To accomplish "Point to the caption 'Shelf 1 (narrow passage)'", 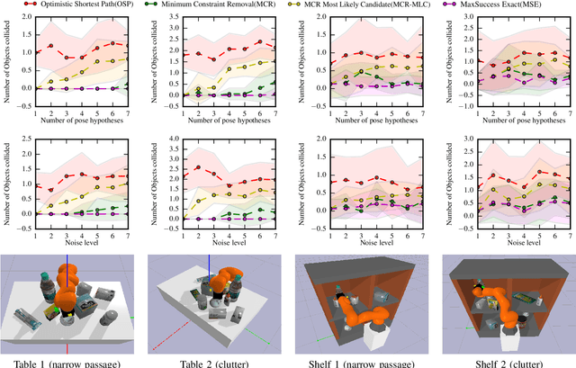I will [360, 363].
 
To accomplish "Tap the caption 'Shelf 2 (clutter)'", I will [504, 363].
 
